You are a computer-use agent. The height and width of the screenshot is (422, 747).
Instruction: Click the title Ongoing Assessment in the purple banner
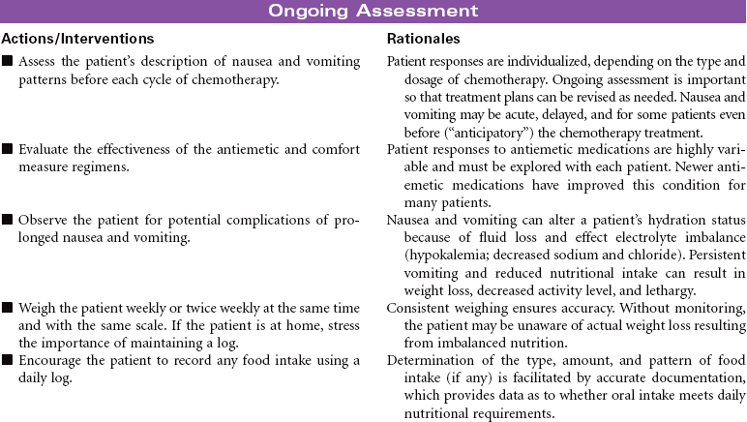(x=373, y=12)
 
